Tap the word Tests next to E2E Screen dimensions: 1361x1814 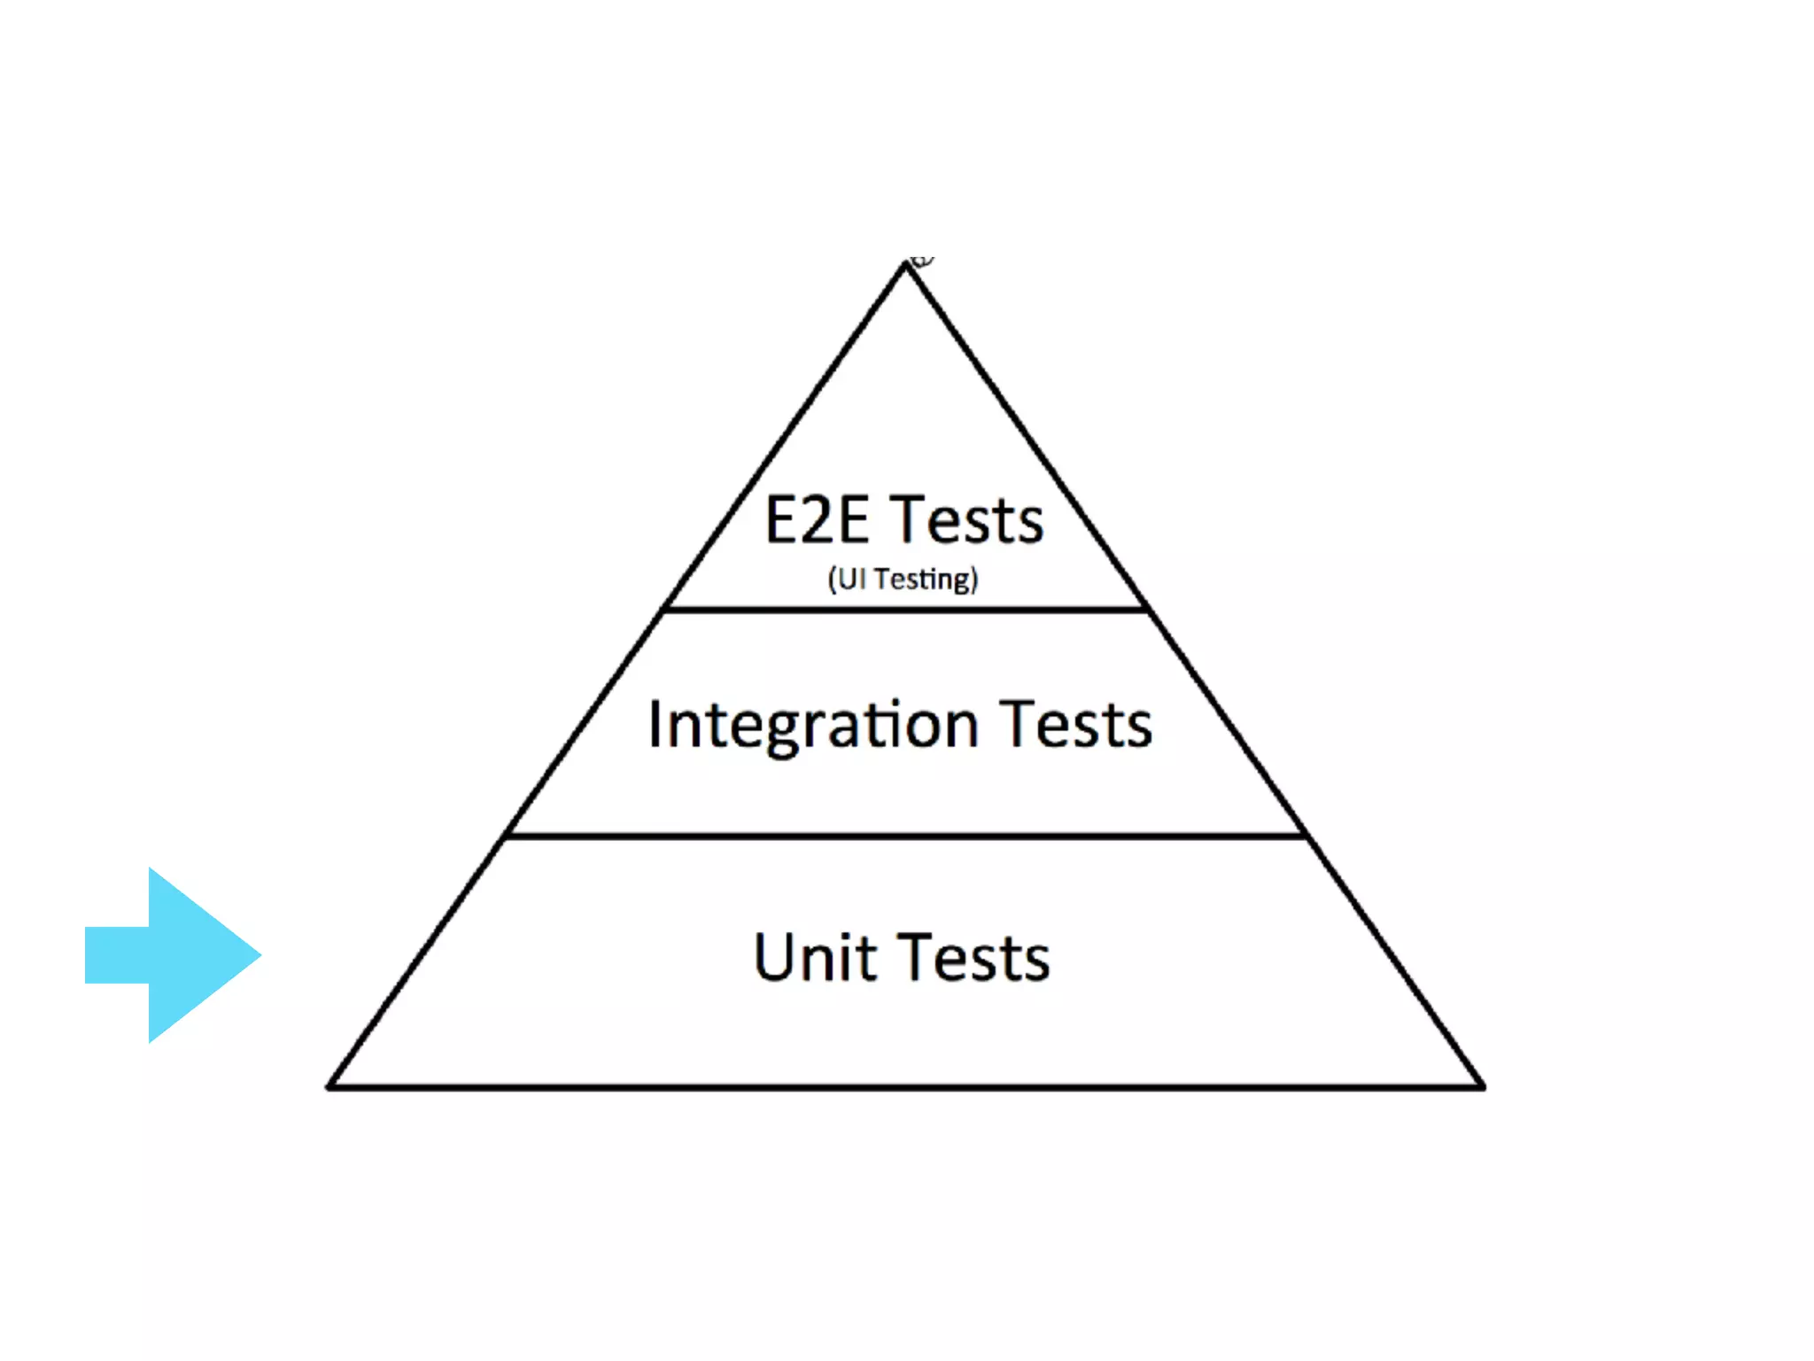tap(967, 520)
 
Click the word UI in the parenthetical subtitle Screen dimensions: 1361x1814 tap(851, 579)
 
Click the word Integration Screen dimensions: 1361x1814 tap(813, 726)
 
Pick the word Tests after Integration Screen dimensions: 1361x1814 tap(1076, 726)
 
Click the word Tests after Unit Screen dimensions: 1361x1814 tap(976, 959)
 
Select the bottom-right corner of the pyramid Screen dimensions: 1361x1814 tap(1482, 1086)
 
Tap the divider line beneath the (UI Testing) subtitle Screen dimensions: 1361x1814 tap(905, 610)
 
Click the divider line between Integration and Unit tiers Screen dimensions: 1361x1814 tap(905, 836)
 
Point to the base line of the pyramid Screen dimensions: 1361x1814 tap(905, 1086)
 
